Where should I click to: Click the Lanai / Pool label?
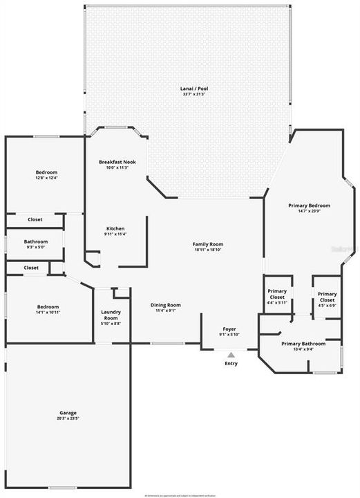(x=185, y=89)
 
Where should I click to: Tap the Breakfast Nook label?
(x=117, y=162)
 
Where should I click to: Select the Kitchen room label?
(x=115, y=228)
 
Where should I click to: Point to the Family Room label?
(x=207, y=244)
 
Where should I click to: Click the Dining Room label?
(x=166, y=305)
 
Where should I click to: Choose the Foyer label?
(x=229, y=329)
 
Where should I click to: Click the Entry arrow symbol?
(x=231, y=355)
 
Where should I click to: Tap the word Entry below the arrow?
(x=231, y=364)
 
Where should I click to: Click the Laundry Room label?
(x=111, y=315)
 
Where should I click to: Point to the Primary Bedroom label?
(x=309, y=205)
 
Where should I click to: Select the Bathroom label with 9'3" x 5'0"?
(x=35, y=241)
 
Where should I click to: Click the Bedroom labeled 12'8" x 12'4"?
(x=47, y=172)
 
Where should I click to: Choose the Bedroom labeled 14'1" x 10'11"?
(x=48, y=306)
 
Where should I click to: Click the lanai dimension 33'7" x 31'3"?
(x=185, y=95)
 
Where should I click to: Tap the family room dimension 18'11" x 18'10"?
(x=207, y=250)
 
